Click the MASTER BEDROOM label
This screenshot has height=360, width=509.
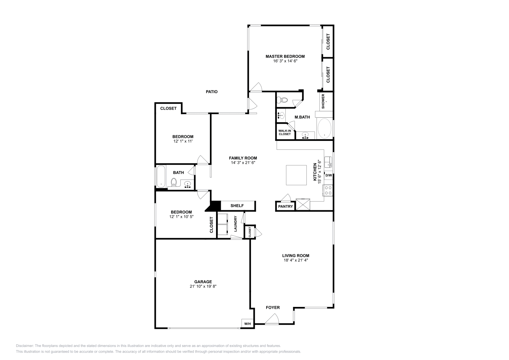pos(285,56)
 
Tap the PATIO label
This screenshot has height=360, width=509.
pos(212,92)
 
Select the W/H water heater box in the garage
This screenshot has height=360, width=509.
pos(248,324)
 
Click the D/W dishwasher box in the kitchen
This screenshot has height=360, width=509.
pos(329,175)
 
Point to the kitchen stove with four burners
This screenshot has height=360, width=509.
pos(328,190)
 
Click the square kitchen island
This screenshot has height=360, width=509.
pos(296,175)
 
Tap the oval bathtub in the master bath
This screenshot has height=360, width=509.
pos(324,128)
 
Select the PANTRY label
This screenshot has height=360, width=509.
pos(285,206)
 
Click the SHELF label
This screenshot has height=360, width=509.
pos(237,206)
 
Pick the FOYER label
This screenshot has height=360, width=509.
pos(273,308)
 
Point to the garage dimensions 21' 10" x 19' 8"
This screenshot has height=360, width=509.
pos(203,287)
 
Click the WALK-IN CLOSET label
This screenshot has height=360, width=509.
pos(285,132)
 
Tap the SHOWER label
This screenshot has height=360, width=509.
pos(323,101)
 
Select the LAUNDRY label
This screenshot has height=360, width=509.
pos(235,224)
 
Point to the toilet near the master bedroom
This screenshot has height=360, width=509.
pos(282,100)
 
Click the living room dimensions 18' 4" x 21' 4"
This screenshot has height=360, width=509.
pos(296,260)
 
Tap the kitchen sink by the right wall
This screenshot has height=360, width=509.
pos(328,162)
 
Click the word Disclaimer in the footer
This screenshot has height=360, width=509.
pos(25,346)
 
